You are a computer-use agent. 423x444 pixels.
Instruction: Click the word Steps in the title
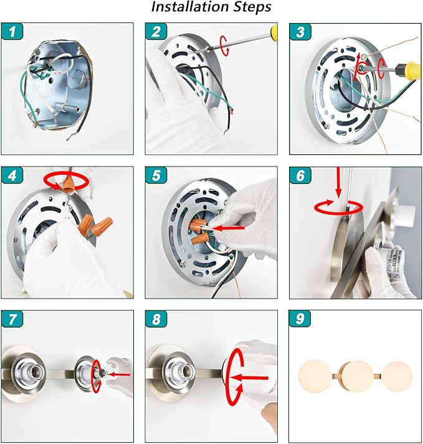pyautogui.click(x=252, y=7)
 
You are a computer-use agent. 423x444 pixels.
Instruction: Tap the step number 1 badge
pyautogui.click(x=12, y=31)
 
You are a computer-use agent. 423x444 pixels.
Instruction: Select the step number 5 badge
pyautogui.click(x=156, y=175)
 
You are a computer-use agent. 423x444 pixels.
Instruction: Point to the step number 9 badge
pyautogui.click(x=300, y=318)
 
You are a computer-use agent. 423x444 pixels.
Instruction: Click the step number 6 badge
pyautogui.click(x=300, y=175)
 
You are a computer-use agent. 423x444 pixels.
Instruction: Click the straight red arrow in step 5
pyautogui.click(x=229, y=228)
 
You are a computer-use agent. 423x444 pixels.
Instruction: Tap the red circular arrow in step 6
pyautogui.click(x=338, y=208)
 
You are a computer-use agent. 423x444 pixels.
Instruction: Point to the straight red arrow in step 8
pyautogui.click(x=249, y=378)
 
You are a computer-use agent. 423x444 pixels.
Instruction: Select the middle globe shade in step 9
pyautogui.click(x=357, y=376)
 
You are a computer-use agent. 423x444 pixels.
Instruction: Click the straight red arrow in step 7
pyautogui.click(x=119, y=374)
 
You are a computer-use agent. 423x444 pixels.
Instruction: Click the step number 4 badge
pyautogui.click(x=12, y=175)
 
